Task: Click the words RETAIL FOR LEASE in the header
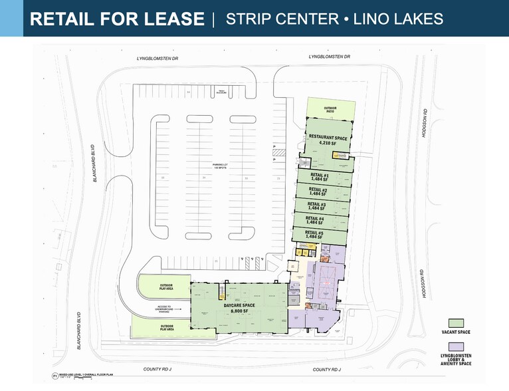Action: (x=117, y=19)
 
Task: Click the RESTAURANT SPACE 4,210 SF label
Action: (x=325, y=139)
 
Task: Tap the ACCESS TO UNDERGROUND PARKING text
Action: (x=164, y=308)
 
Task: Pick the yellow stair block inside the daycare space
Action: (x=223, y=295)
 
